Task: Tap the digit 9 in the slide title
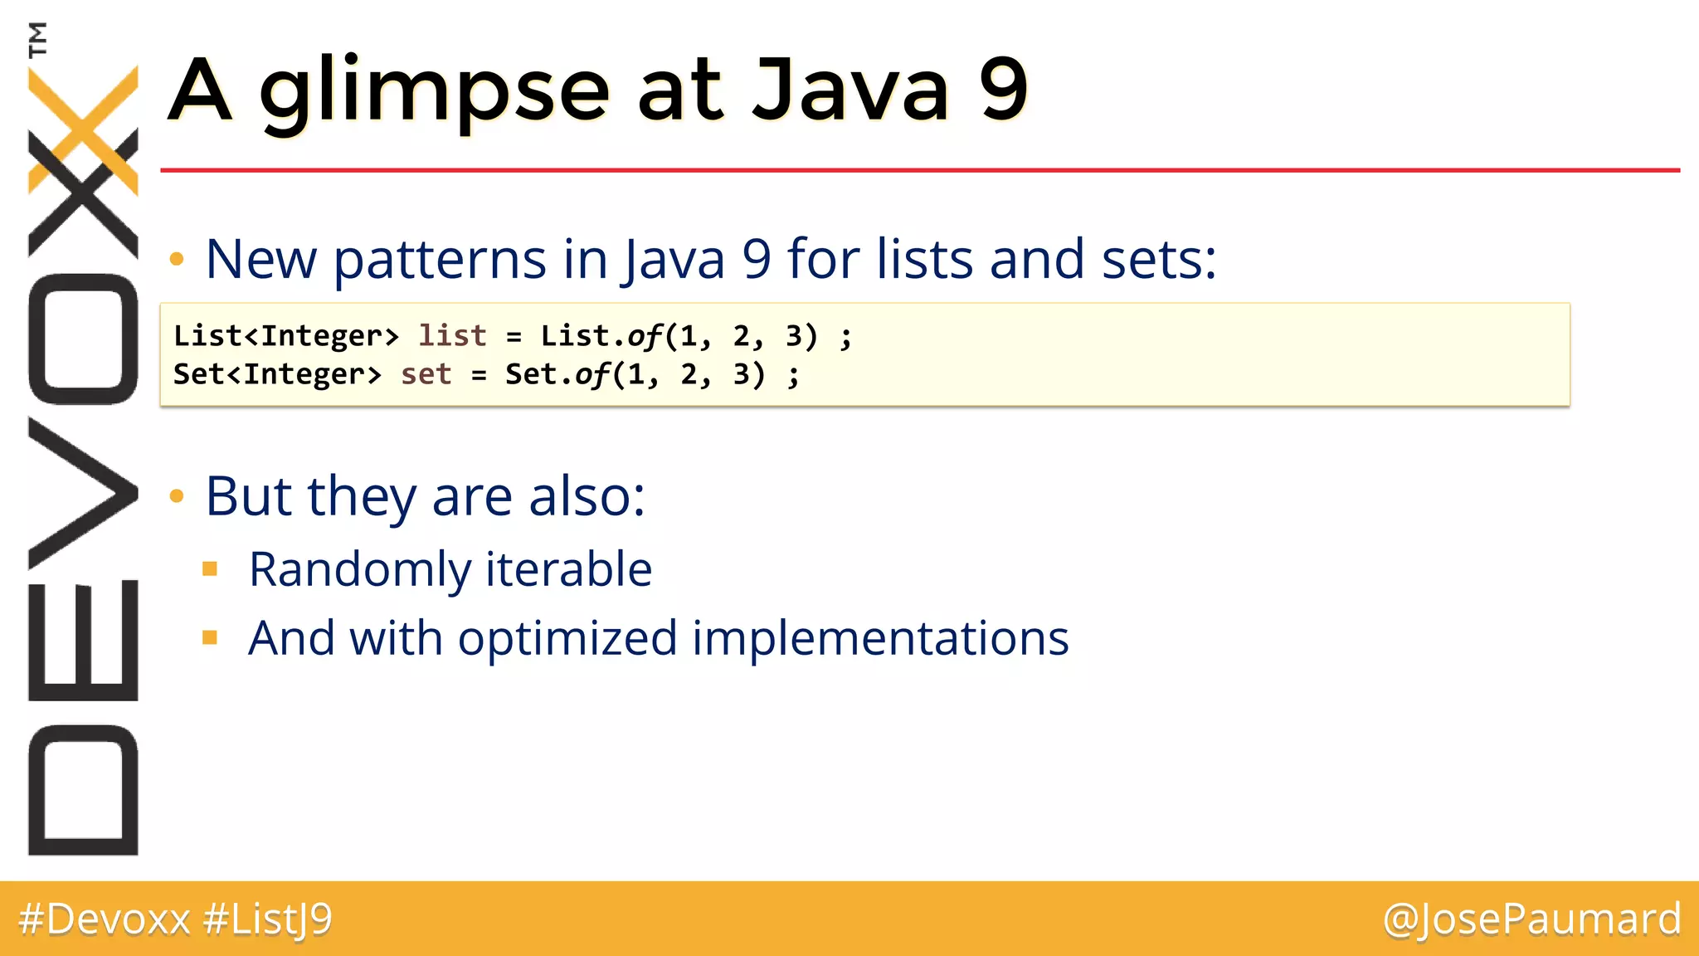tap(1003, 90)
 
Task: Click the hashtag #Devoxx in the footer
tap(105, 919)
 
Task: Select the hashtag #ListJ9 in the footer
tap(267, 919)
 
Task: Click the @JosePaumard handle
tap(1531, 919)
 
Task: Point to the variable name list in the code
tap(452, 336)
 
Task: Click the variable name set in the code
tap(426, 374)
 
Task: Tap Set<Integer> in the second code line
tap(277, 374)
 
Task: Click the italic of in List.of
tap(645, 336)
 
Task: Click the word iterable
tap(568, 569)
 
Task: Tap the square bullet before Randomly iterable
tap(210, 569)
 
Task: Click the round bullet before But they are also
tap(176, 497)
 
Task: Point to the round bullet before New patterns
tap(176, 260)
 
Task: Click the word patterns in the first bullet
tap(440, 260)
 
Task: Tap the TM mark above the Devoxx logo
tap(37, 39)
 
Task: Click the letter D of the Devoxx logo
tap(83, 789)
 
